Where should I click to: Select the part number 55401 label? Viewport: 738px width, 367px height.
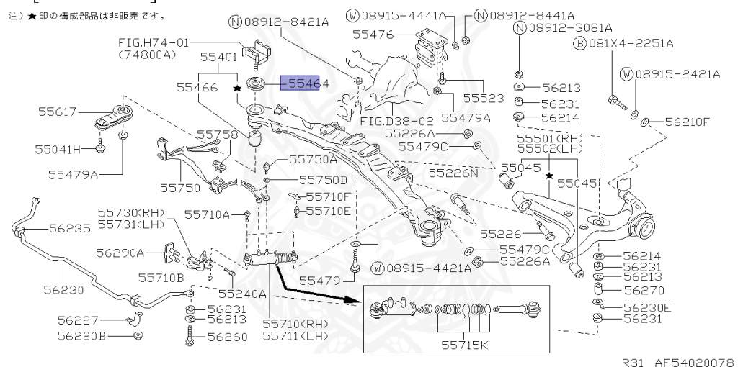click(x=218, y=56)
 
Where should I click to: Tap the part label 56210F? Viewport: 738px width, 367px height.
click(x=687, y=122)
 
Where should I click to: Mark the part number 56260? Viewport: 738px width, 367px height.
click(x=228, y=335)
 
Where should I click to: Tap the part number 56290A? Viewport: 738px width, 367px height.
click(x=120, y=253)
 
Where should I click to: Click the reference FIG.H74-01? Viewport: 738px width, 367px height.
click(x=152, y=43)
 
